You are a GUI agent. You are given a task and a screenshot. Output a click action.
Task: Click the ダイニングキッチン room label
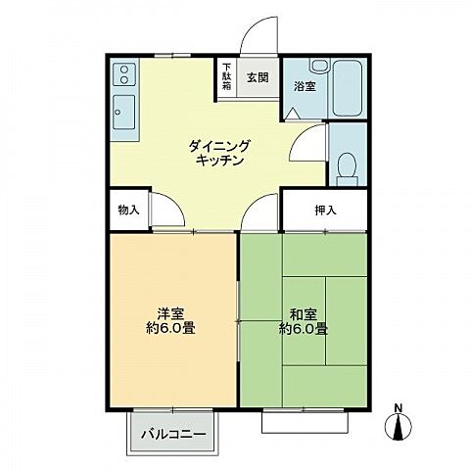[x=220, y=153]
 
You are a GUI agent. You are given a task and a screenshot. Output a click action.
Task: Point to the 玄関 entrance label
[x=257, y=78]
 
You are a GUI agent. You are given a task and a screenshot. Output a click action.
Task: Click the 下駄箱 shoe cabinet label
[x=225, y=79]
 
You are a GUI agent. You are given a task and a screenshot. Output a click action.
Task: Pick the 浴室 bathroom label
[x=304, y=87]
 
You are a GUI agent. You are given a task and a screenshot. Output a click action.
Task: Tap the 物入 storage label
[x=128, y=210]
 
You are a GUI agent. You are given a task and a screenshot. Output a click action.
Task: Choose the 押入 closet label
[x=325, y=210]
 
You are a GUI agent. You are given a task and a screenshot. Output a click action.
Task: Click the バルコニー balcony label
[x=173, y=431]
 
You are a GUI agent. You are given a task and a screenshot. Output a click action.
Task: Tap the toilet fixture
[x=347, y=167]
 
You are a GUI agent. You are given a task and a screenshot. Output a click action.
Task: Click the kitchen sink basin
[x=124, y=110]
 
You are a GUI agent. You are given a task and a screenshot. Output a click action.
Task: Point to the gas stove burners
[x=124, y=73]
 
